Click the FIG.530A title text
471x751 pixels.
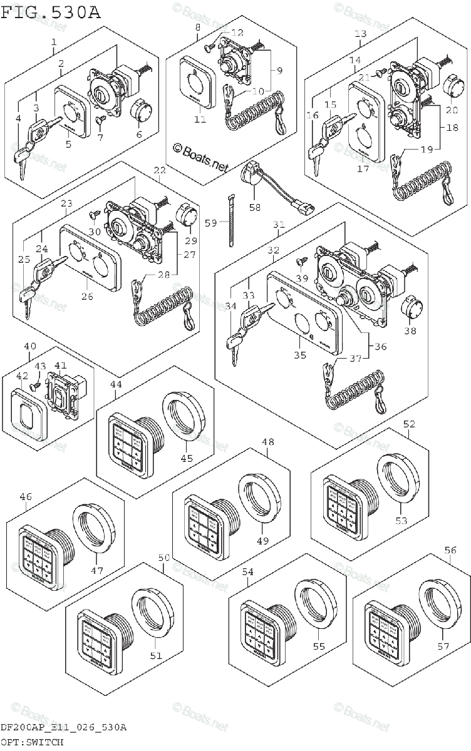coord(50,12)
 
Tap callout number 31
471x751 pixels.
coord(279,225)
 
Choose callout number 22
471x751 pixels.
coord(159,170)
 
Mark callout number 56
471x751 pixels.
coord(451,550)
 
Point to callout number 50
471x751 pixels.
coord(163,557)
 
